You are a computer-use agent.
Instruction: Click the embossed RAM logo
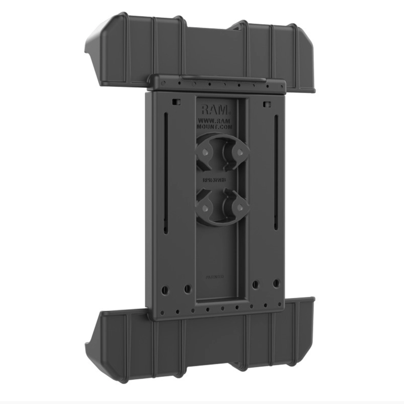click(215, 109)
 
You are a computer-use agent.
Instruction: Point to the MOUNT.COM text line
click(216, 127)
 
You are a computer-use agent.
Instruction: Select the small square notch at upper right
click(268, 105)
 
